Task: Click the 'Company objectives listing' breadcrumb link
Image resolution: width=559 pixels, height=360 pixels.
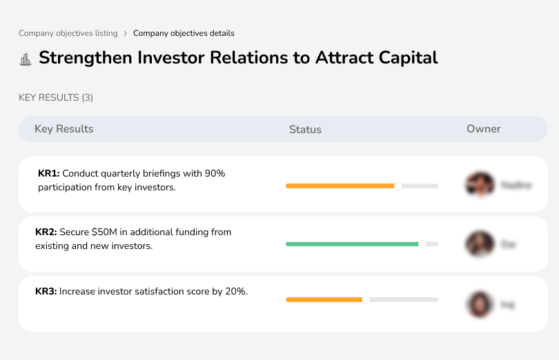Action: click(x=68, y=33)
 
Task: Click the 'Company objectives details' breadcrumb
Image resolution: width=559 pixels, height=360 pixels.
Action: click(x=184, y=33)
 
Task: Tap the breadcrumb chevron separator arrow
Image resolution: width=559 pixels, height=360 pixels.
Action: click(x=125, y=33)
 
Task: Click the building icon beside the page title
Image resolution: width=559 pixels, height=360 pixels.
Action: click(x=26, y=59)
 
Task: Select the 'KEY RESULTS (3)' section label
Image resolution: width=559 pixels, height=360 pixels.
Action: click(x=56, y=98)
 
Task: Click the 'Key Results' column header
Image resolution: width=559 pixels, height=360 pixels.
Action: click(x=63, y=129)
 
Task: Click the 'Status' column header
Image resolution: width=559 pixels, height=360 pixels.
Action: click(x=305, y=130)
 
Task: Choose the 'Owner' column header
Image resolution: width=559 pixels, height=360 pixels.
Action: click(x=484, y=129)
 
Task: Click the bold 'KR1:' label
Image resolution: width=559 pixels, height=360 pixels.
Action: click(x=49, y=174)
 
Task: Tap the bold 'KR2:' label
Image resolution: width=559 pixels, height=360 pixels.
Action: click(x=46, y=232)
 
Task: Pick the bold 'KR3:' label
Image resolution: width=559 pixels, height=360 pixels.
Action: click(x=46, y=292)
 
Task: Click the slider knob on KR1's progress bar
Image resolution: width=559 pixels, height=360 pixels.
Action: click(x=398, y=186)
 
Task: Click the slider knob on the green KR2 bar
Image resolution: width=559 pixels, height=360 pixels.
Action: click(x=422, y=244)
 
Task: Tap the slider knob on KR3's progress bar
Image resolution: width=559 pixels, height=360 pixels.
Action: click(x=366, y=299)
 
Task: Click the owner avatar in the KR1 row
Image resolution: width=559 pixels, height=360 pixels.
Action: click(x=480, y=185)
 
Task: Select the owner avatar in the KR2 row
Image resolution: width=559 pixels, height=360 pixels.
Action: click(x=480, y=244)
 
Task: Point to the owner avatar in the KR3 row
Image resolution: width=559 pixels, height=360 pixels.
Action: click(x=480, y=303)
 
